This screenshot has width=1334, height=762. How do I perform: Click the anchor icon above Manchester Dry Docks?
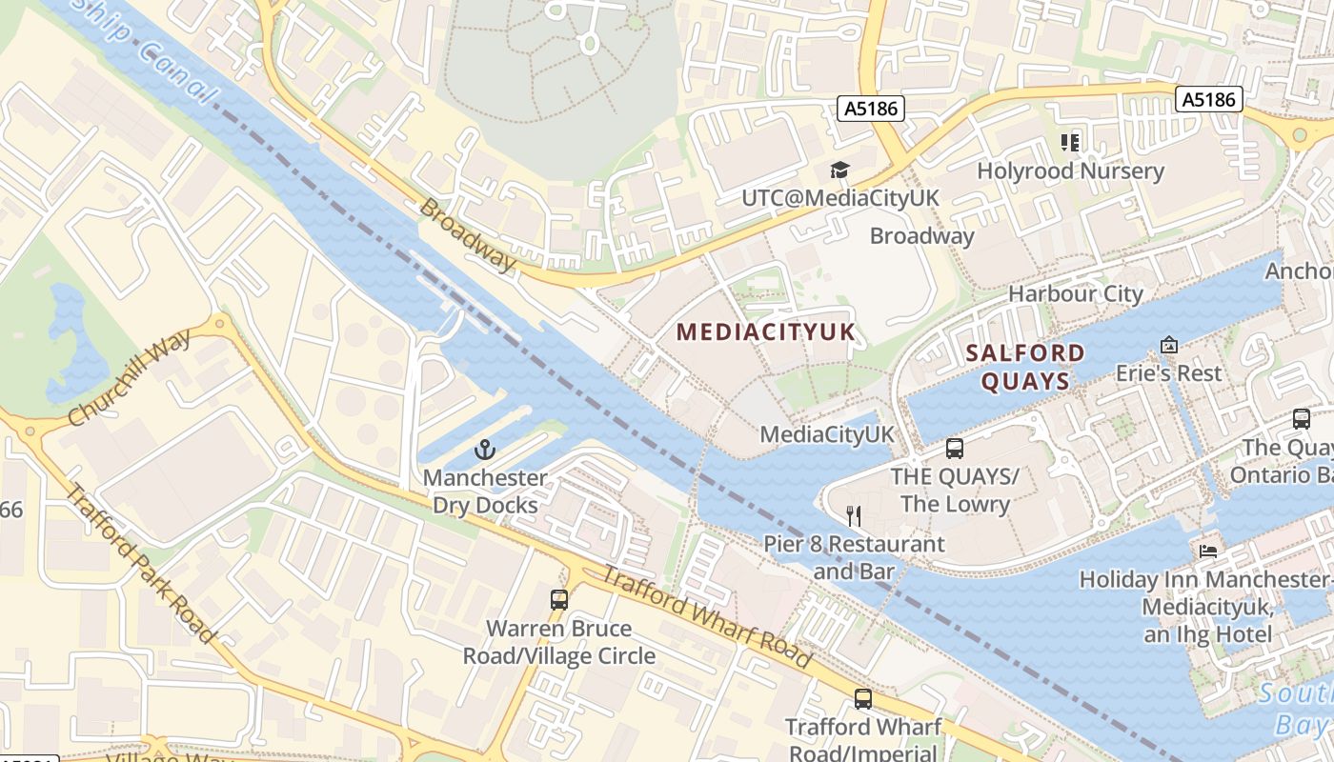tap(486, 449)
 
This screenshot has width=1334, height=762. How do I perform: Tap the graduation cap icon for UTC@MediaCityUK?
tap(839, 170)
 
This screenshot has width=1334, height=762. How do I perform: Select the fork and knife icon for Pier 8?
tap(854, 516)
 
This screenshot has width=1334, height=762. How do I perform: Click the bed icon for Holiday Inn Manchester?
tap(1207, 551)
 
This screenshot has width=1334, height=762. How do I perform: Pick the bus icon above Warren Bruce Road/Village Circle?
tap(559, 600)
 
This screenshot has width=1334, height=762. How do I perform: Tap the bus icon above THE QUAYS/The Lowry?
tap(955, 449)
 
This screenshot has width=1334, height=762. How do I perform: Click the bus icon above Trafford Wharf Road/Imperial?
tap(863, 699)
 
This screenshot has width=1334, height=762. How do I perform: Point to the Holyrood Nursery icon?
tap(1070, 143)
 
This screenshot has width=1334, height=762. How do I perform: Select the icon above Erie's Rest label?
tap(1169, 345)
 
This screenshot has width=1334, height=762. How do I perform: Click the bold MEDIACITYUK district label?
tap(766, 332)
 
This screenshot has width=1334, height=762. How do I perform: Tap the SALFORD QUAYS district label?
tap(1025, 368)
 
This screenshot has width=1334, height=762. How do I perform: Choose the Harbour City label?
tap(1076, 293)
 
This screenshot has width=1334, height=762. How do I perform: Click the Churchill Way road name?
tap(130, 378)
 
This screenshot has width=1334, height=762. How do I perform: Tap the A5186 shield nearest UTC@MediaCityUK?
tap(871, 109)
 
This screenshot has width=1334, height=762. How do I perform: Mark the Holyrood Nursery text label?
tap(1071, 171)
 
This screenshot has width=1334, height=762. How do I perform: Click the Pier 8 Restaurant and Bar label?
tap(855, 557)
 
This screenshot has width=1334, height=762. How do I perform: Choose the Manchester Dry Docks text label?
tap(486, 491)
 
